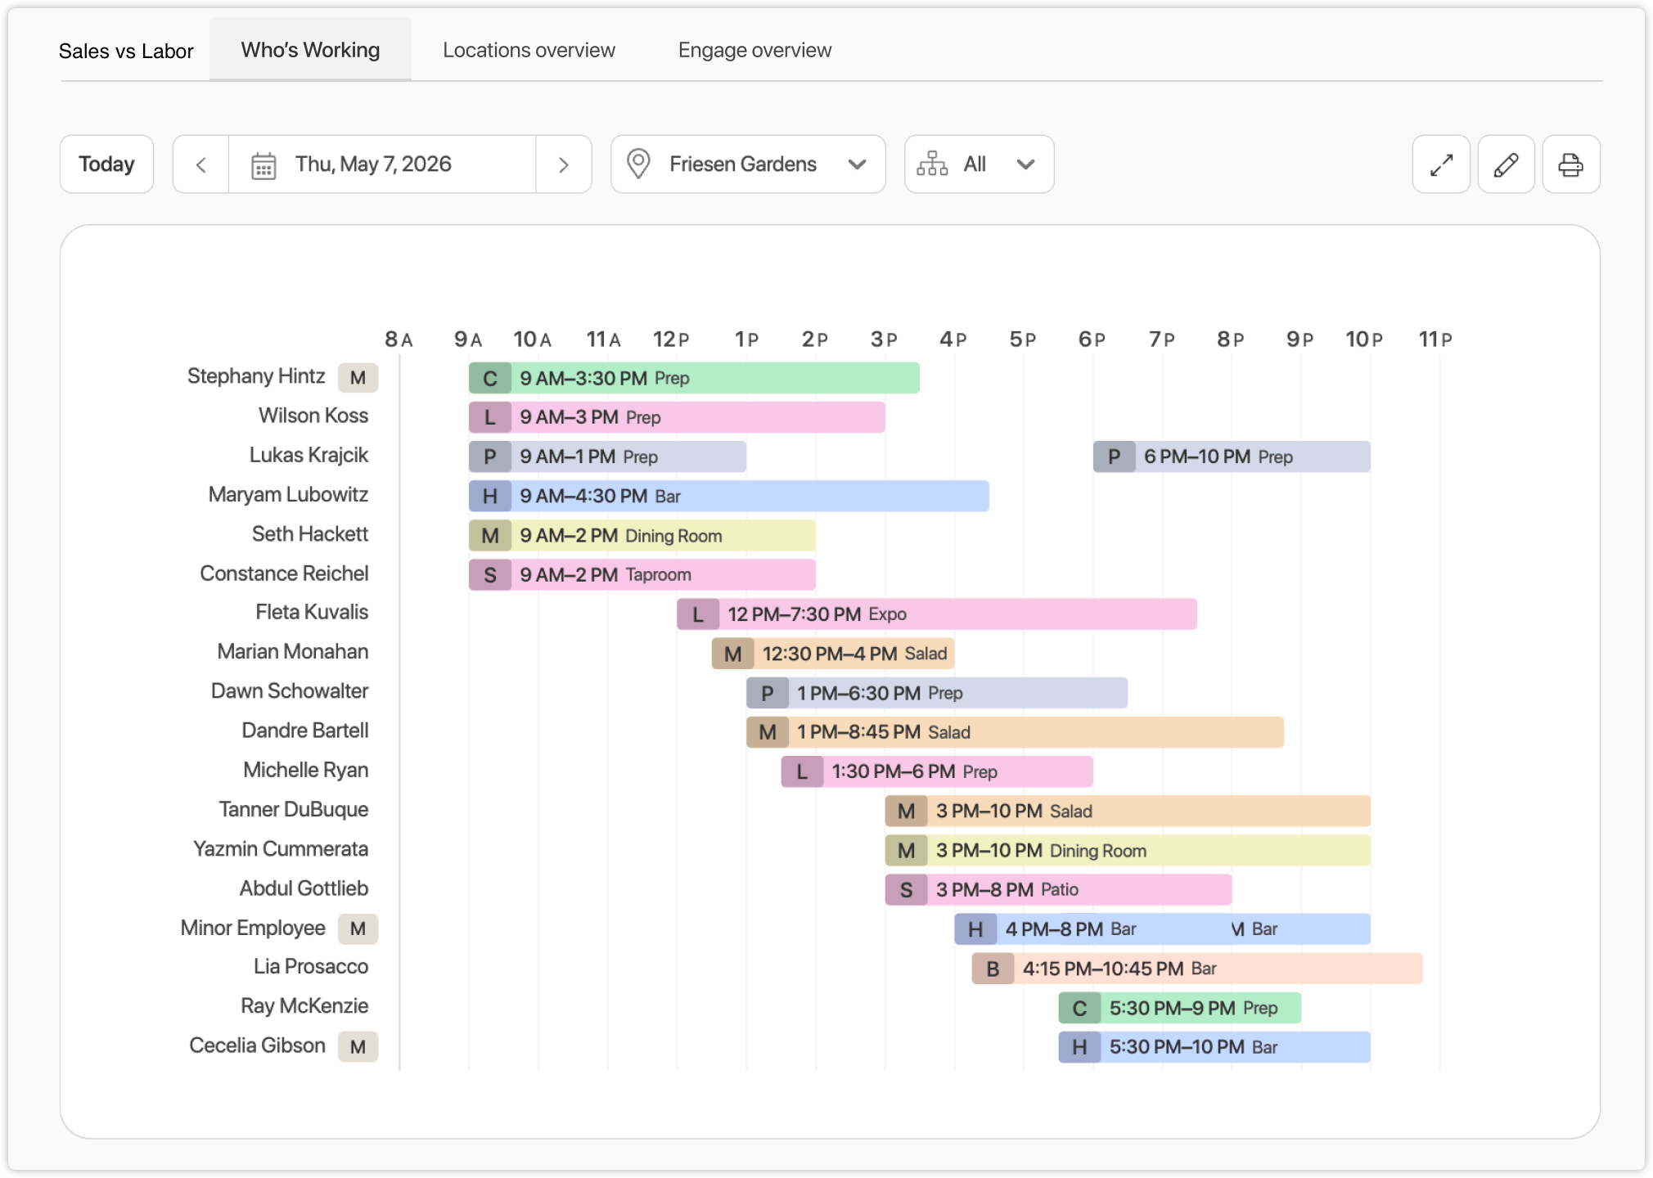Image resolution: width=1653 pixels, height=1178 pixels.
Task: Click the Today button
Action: [106, 164]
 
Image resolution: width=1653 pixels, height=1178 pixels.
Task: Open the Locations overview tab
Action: [529, 50]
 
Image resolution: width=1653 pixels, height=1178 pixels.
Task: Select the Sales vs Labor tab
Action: [126, 51]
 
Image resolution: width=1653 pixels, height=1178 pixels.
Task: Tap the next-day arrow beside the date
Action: [564, 164]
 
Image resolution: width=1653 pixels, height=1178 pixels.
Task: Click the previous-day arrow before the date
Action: [201, 164]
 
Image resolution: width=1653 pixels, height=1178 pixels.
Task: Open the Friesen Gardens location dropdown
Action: [748, 164]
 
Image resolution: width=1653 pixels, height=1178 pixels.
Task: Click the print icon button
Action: [1570, 164]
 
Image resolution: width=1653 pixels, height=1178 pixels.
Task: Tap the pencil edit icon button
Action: [1506, 164]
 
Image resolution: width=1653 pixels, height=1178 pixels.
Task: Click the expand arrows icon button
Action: [1441, 164]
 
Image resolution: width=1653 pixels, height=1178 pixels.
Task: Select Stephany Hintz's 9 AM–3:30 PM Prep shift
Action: [694, 378]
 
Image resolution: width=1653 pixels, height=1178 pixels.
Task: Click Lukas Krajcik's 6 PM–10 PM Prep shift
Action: [1232, 456]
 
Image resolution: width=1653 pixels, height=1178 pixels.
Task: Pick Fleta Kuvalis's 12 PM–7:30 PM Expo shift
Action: [937, 614]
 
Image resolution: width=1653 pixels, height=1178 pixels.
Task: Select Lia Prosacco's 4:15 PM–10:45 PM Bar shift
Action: [1197, 969]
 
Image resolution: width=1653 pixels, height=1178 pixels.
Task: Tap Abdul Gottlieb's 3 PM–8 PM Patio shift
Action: [1058, 890]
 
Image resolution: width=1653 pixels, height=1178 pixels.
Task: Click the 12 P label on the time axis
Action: [671, 339]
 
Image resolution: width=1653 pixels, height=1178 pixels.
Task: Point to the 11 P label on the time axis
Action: [1435, 339]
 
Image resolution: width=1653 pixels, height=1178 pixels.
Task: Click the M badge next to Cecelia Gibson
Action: [358, 1046]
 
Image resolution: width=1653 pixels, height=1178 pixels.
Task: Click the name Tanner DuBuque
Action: [294, 809]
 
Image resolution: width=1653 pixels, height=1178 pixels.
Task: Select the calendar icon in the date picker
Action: [263, 165]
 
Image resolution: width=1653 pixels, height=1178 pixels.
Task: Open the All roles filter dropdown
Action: [979, 164]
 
